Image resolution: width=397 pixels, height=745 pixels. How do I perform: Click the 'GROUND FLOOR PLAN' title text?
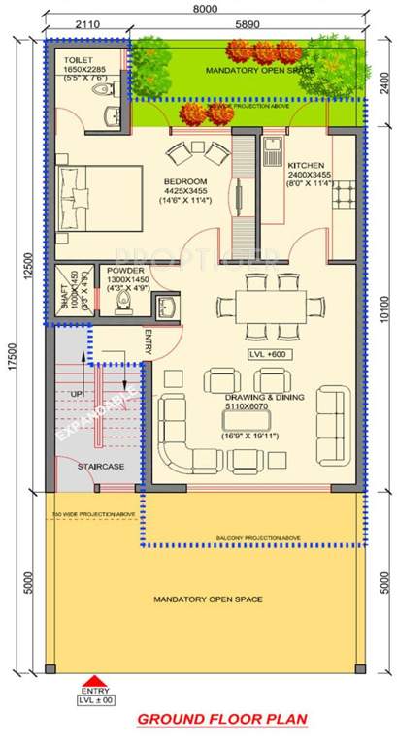pos(222,719)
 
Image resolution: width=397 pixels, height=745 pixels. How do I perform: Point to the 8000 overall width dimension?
pos(205,7)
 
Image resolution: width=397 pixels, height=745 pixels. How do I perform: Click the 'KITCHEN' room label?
pos(305,165)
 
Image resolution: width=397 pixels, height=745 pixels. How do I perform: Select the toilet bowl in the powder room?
pos(121,304)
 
